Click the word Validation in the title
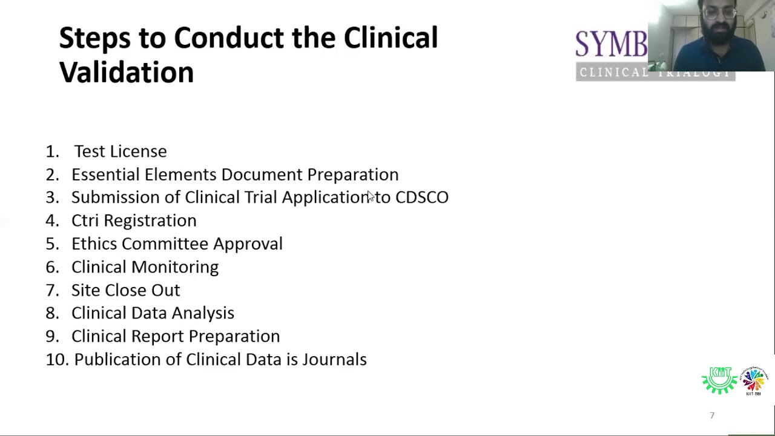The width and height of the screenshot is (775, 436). coord(126,73)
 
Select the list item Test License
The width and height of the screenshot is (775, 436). coord(120,151)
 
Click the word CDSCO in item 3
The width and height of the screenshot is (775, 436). coord(421,197)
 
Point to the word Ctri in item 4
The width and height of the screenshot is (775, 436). coord(85,220)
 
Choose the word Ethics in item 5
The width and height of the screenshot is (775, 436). coord(94,243)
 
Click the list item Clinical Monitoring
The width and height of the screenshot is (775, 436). coord(145,267)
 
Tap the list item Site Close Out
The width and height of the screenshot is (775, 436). coord(125,290)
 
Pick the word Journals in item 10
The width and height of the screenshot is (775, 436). coord(334,360)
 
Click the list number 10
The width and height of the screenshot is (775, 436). coord(57,360)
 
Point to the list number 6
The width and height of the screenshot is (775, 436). coord(52,267)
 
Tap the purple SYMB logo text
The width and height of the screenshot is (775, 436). coord(610,45)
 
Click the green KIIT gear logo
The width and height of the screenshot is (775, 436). coord(719,380)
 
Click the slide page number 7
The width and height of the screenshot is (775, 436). coord(712,415)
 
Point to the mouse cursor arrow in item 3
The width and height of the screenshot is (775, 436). coord(371,197)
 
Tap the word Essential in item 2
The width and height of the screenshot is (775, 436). coord(105,174)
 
